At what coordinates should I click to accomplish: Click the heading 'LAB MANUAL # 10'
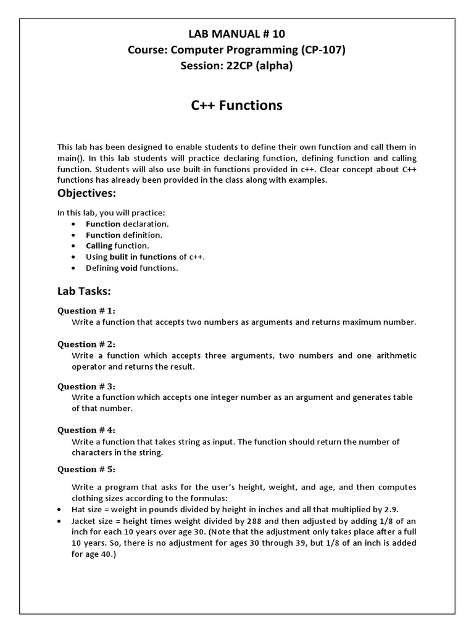(236, 34)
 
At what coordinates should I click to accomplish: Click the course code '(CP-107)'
(320, 50)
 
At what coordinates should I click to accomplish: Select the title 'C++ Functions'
(236, 106)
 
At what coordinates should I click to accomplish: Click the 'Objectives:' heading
(86, 193)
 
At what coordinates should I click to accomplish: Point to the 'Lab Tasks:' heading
(84, 291)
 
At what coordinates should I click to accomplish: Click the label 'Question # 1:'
(86, 310)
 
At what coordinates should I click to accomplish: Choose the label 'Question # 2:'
(86, 344)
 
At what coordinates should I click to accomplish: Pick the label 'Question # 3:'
(86, 386)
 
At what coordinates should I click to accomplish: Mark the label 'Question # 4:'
(86, 430)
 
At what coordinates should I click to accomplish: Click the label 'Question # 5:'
(86, 469)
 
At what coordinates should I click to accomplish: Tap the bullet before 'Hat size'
(58, 510)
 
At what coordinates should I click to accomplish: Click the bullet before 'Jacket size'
(58, 521)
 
